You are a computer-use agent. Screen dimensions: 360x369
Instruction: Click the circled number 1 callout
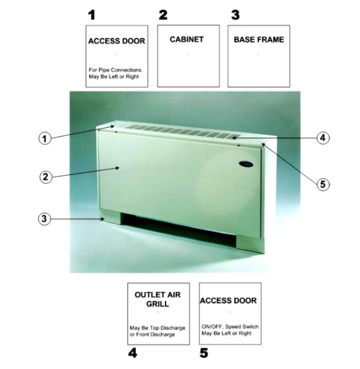click(x=44, y=138)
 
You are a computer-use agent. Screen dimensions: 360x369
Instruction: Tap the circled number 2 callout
click(x=46, y=177)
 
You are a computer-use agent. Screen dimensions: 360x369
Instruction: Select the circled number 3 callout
click(x=44, y=219)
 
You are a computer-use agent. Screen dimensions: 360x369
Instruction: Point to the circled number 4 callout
click(x=323, y=138)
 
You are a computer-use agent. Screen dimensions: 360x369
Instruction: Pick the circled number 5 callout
click(x=323, y=184)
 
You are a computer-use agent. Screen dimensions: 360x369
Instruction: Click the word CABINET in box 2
click(x=186, y=39)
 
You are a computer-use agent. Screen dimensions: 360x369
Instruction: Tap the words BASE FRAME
click(x=259, y=39)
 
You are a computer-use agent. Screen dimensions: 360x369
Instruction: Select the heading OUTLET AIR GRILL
click(x=158, y=299)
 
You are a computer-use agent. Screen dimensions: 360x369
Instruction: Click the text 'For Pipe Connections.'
click(x=116, y=70)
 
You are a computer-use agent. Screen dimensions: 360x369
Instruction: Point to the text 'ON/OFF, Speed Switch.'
click(x=231, y=327)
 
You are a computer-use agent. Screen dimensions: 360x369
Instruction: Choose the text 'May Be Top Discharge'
click(x=158, y=328)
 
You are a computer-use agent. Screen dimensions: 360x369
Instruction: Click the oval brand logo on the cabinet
click(x=246, y=164)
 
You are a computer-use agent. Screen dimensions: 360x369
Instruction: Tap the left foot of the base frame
click(x=111, y=217)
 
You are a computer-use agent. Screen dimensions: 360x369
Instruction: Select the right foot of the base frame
click(x=250, y=245)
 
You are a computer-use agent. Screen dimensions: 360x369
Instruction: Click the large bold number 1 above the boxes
click(x=92, y=15)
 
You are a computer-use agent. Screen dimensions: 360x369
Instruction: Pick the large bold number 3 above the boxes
click(x=236, y=15)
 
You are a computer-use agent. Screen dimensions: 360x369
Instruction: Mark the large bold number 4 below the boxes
click(x=132, y=353)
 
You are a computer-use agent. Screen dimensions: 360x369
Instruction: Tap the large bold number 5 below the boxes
click(x=204, y=353)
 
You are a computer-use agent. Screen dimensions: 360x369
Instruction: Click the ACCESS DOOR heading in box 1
click(x=116, y=41)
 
